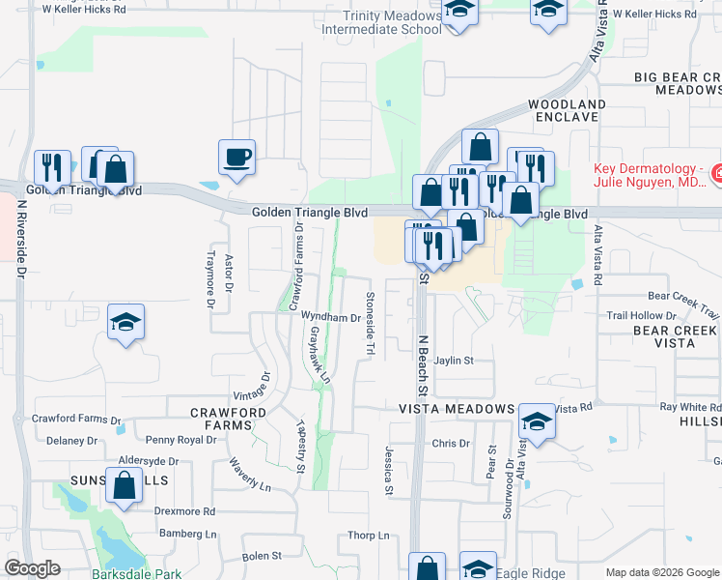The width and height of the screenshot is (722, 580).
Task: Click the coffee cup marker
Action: [236, 157]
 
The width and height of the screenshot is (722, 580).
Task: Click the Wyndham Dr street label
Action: [330, 317]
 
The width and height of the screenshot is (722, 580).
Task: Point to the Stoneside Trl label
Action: [369, 323]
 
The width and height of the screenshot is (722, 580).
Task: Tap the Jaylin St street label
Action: [454, 361]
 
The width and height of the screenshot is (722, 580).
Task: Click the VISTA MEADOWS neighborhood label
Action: [458, 409]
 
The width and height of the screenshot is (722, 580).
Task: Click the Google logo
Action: [32, 567]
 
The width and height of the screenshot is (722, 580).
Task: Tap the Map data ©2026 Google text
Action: [661, 572]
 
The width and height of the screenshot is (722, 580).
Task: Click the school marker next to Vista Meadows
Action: [538, 421]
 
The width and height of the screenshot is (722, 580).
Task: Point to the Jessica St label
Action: [389, 471]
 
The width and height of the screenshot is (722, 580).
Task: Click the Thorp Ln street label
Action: [368, 535]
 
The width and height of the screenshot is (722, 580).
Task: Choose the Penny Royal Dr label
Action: [180, 440]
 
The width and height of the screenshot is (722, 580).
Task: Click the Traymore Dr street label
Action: [210, 280]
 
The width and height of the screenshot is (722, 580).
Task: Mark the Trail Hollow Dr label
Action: [641, 315]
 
